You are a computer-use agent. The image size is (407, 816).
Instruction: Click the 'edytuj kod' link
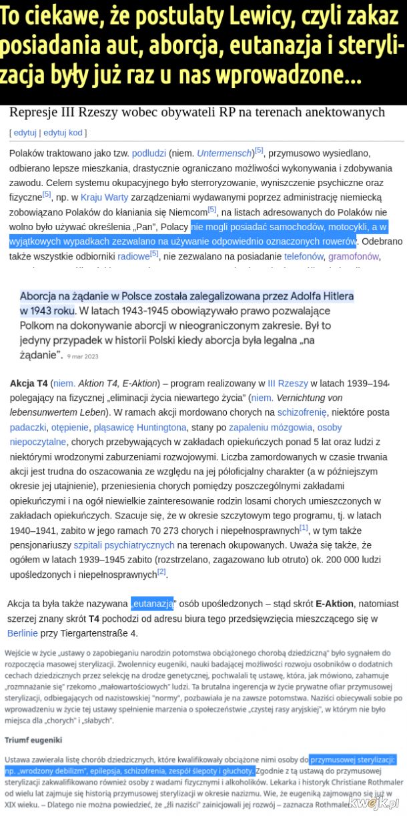click(x=63, y=133)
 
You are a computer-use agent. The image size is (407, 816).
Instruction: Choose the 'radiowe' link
click(x=134, y=256)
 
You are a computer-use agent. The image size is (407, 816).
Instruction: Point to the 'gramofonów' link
click(x=354, y=256)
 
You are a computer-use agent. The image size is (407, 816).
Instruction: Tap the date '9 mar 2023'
click(x=83, y=357)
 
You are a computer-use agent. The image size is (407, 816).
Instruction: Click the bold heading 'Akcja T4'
click(x=29, y=384)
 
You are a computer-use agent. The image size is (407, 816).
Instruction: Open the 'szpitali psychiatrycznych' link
click(x=114, y=545)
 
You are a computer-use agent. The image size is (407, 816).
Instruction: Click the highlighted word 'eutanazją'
click(x=152, y=604)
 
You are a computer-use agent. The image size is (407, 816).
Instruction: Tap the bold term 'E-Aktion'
click(x=334, y=604)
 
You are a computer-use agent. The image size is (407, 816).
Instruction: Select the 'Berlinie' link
click(x=23, y=633)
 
